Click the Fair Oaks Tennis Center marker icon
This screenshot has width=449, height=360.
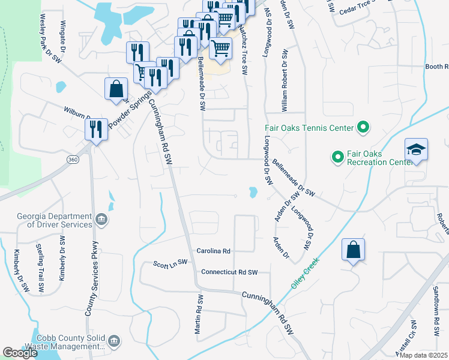pyautogui.click(x=363, y=127)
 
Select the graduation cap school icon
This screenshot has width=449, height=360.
pyautogui.click(x=416, y=150)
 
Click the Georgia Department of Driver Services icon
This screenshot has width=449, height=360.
pyautogui.click(x=101, y=220)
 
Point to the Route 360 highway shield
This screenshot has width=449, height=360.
pyautogui.click(x=73, y=160)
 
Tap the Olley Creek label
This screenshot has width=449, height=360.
pyautogui.click(x=304, y=273)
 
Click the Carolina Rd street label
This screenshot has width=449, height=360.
pyautogui.click(x=214, y=250)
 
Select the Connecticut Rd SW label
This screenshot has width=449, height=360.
pyautogui.click(x=229, y=272)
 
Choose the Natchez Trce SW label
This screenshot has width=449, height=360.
pyautogui.click(x=244, y=49)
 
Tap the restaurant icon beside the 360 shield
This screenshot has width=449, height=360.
pyautogui.click(x=95, y=128)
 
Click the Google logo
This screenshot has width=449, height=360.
pyautogui.click(x=20, y=353)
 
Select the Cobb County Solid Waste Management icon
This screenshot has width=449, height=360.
pyautogui.click(x=115, y=341)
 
